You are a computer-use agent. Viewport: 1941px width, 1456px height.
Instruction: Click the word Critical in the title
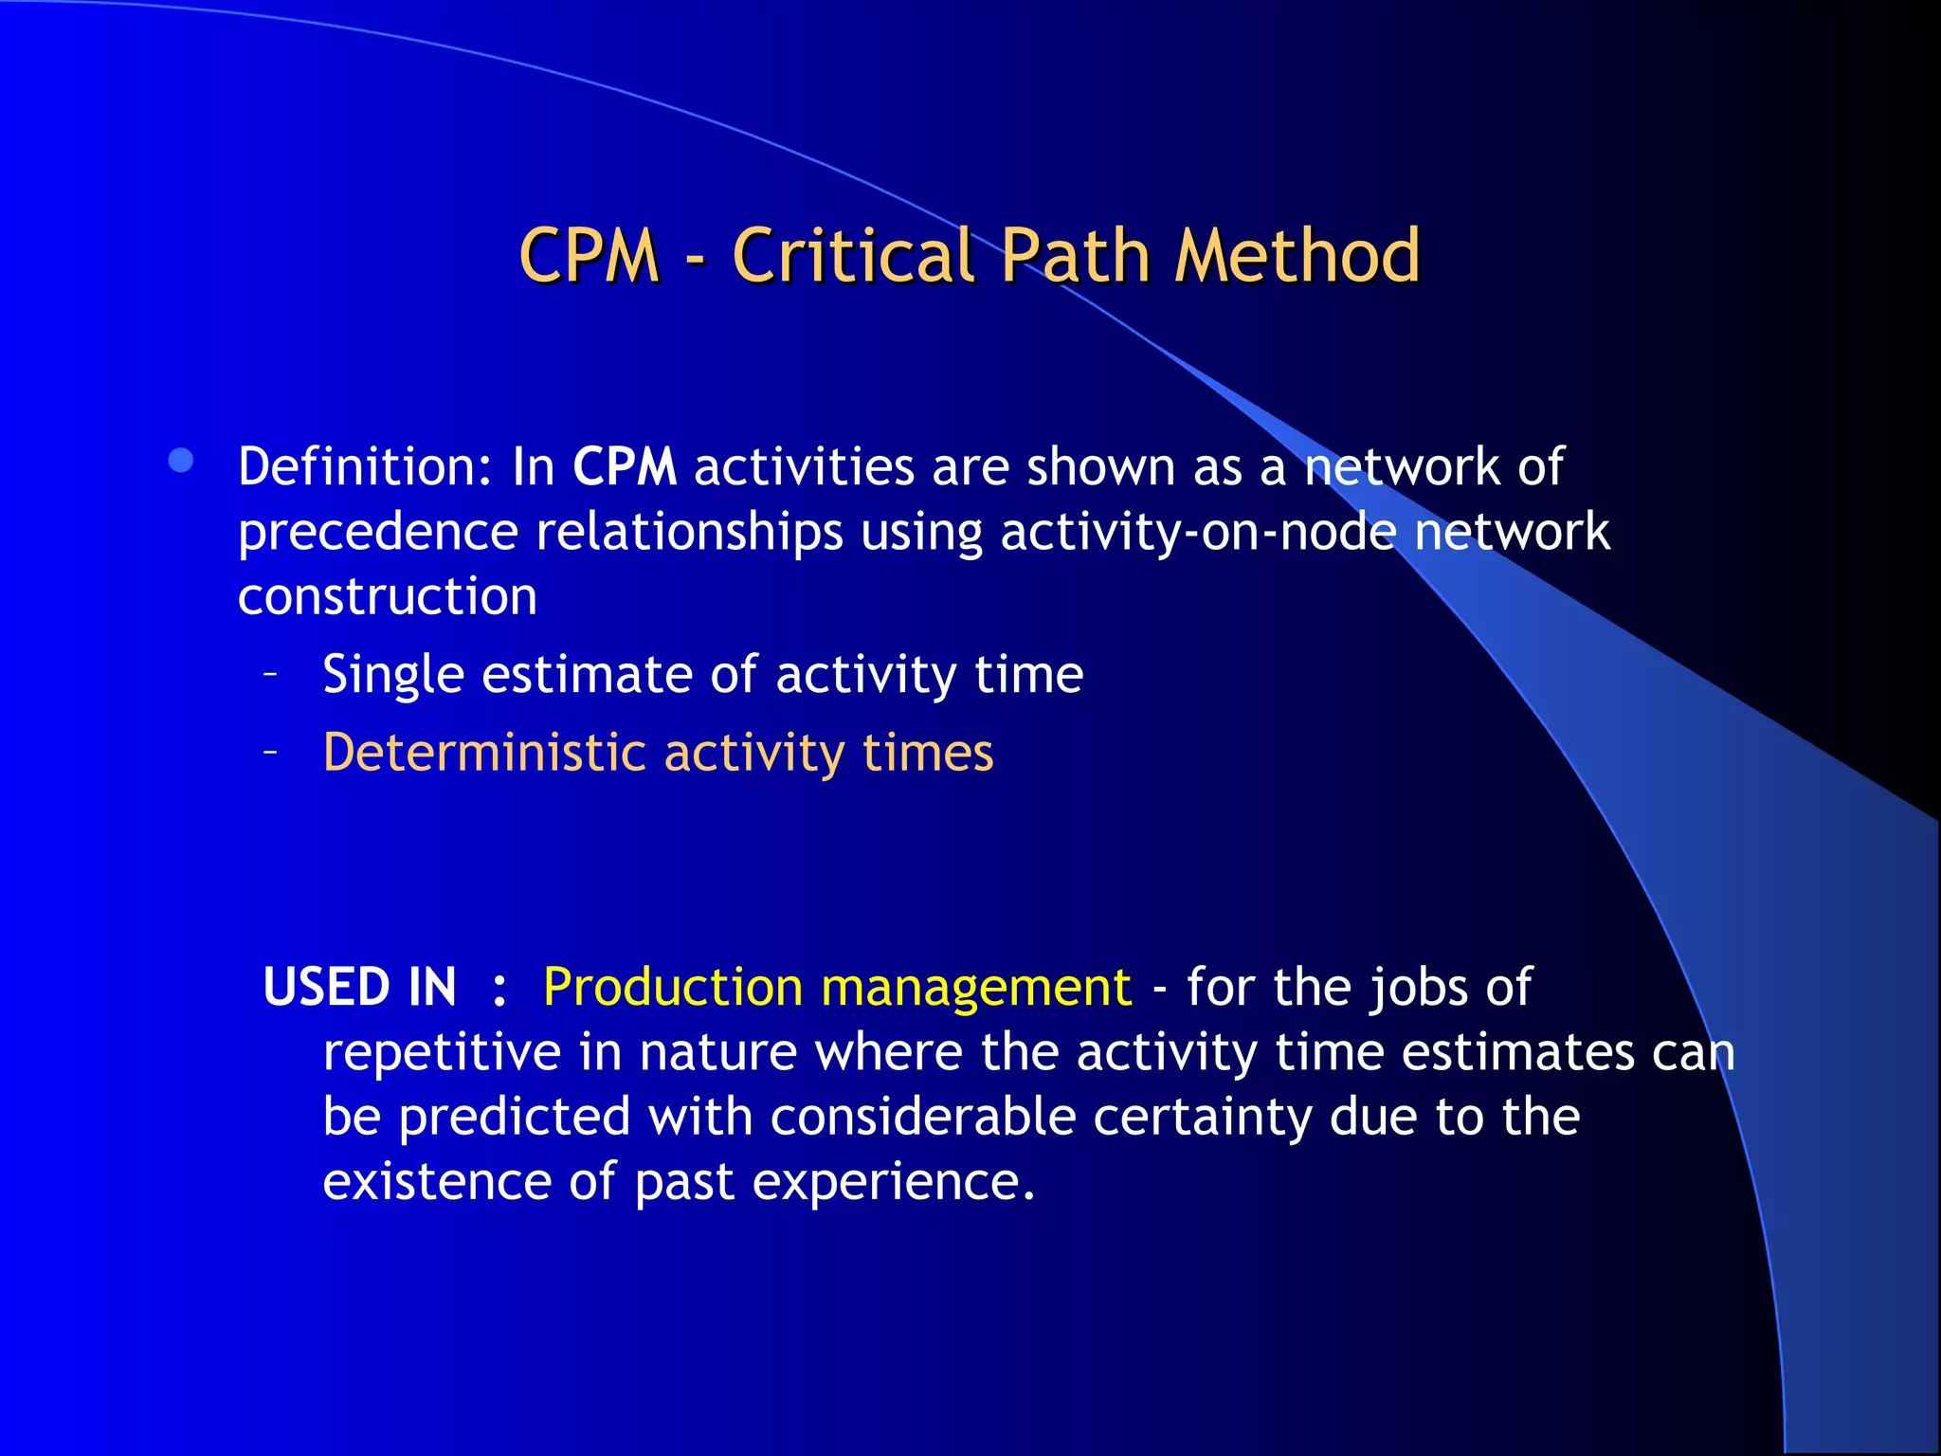pos(853,256)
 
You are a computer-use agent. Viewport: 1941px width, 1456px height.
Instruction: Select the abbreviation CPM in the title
pos(589,256)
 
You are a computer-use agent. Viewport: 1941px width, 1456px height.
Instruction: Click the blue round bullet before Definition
pos(181,462)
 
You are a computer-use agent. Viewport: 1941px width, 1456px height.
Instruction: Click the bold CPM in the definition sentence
pos(625,467)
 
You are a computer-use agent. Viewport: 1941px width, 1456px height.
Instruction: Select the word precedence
pos(377,532)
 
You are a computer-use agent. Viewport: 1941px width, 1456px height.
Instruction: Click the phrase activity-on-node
pos(1198,532)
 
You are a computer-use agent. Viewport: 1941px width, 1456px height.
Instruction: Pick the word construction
pos(388,596)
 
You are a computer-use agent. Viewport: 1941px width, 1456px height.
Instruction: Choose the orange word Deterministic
pos(484,753)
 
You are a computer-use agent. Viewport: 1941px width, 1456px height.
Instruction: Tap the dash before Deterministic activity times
pos(271,753)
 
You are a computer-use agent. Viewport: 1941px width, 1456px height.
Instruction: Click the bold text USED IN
pos(360,987)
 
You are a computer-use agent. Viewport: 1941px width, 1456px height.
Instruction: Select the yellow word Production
pos(673,987)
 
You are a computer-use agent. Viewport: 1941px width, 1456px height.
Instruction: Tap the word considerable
pos(922,1117)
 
